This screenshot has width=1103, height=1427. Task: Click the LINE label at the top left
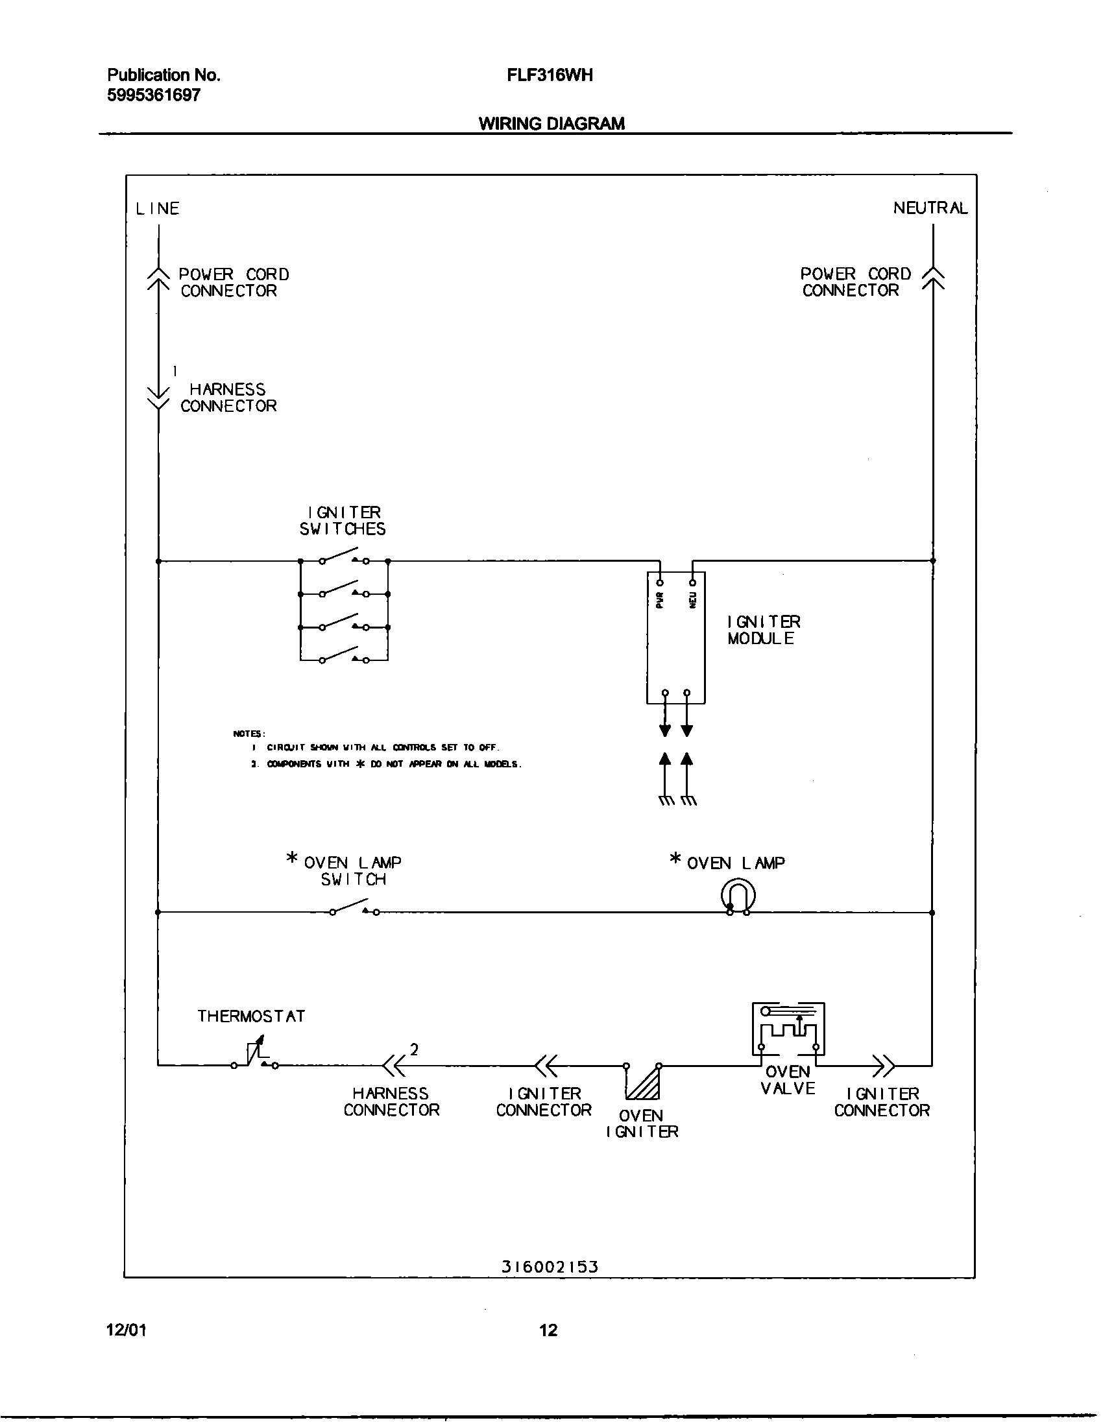tap(158, 208)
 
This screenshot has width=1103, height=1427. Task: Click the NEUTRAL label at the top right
tap(930, 208)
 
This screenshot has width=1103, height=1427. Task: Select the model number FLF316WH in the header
tap(550, 75)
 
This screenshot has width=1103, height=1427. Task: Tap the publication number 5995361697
tap(154, 95)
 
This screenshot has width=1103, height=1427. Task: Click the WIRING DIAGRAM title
tap(551, 123)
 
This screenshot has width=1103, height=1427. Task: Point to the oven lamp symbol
tap(738, 896)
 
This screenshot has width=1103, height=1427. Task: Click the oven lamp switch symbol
tap(354, 908)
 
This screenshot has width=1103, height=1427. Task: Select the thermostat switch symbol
tap(256, 1054)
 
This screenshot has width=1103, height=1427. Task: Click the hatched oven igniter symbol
tap(644, 1081)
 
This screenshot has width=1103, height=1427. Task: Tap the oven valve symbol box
tap(788, 1029)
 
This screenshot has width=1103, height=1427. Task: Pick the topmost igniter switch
tap(344, 557)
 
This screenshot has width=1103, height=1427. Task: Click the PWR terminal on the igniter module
tap(660, 583)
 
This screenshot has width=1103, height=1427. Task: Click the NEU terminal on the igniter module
tap(693, 583)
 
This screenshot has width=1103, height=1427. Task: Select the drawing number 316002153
tap(550, 1266)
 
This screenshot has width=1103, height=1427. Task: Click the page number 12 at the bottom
tap(548, 1330)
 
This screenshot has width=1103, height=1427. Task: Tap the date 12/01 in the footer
tap(126, 1330)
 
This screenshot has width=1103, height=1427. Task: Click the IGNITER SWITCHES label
tap(343, 521)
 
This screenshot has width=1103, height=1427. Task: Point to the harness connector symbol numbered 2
tap(394, 1066)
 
